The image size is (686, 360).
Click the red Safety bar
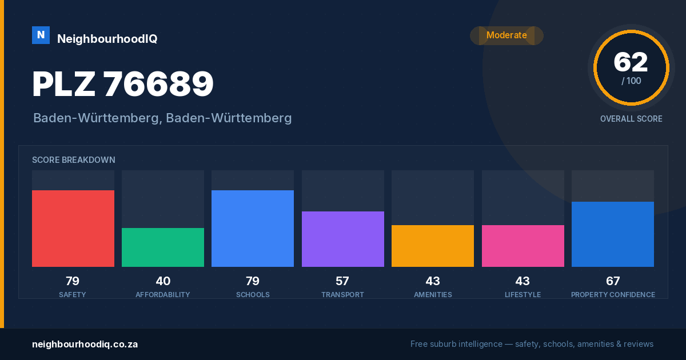[73, 229]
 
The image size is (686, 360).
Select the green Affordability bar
[163, 247]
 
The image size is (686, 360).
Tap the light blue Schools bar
[253, 229]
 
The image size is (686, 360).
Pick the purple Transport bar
[342, 239]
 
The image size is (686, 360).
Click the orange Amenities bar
[433, 246]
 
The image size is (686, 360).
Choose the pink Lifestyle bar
[523, 246]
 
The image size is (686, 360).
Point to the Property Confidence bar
[613, 234]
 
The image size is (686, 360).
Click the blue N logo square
[41, 35]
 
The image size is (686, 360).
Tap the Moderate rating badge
[507, 35]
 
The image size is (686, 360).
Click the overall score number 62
[631, 62]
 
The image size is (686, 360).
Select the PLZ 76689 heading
[123, 84]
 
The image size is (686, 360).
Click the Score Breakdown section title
[74, 160]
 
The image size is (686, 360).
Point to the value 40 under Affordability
[163, 281]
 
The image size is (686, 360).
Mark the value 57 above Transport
[342, 281]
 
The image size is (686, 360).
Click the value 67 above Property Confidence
[613, 281]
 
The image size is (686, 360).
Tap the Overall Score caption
[631, 119]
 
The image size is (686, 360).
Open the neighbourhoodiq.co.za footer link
[85, 345]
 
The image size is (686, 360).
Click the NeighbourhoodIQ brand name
[107, 39]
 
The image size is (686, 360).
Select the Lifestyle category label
[523, 295]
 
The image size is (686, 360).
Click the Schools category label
[253, 295]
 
